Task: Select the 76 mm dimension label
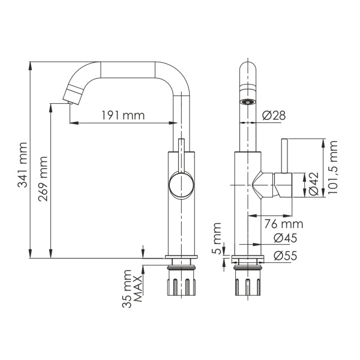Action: [284, 224]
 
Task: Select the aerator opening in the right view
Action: [247, 101]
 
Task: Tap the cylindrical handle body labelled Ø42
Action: [283, 185]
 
